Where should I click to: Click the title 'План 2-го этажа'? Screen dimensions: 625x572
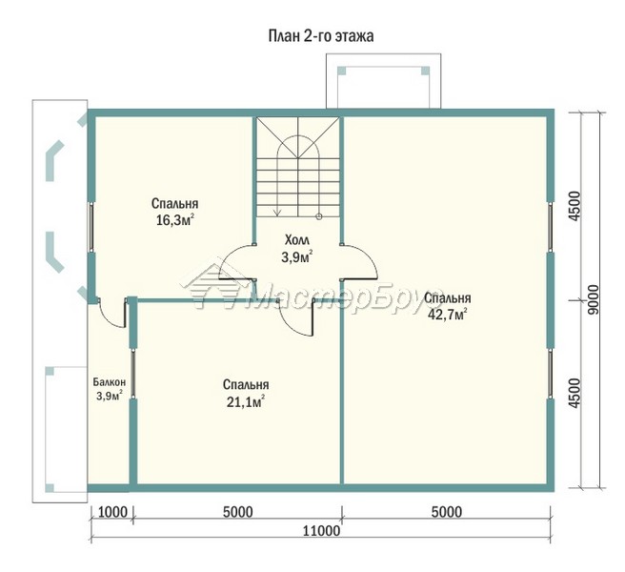[x=321, y=36]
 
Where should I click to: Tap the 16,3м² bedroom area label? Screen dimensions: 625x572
[x=175, y=220]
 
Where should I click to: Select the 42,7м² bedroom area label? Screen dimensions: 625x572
[x=447, y=314]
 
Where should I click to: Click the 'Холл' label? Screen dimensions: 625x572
[x=297, y=240]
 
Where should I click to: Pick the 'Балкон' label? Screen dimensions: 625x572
[x=110, y=382]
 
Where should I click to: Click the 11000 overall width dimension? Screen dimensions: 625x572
[x=321, y=531]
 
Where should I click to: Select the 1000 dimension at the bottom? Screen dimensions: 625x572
[x=112, y=512]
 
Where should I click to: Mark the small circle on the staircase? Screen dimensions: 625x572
[x=318, y=216]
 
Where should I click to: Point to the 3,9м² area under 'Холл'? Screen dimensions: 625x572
[x=297, y=257]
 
